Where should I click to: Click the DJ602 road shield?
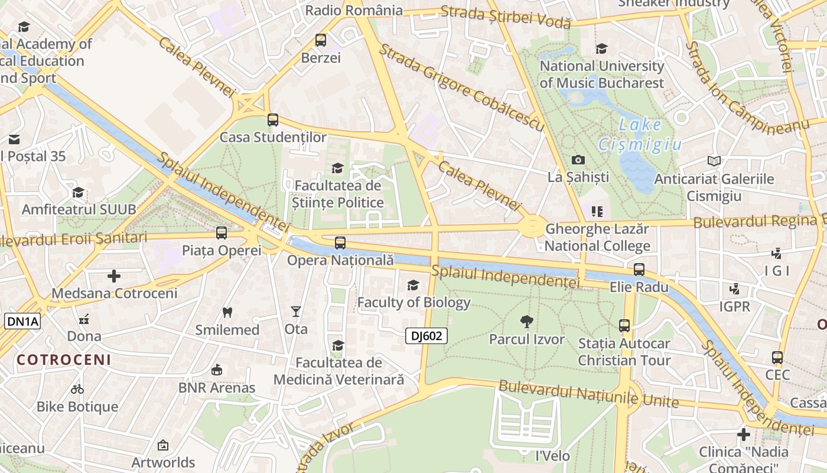(x=426, y=336)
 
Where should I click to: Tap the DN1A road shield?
(x=23, y=322)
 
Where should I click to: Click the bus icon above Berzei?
(x=321, y=40)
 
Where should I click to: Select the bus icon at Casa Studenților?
(x=272, y=120)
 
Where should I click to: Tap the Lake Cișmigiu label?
(x=640, y=134)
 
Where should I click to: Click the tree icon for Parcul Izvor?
(x=526, y=322)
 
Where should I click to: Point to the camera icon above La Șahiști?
(x=578, y=160)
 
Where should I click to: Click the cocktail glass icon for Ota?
(x=296, y=311)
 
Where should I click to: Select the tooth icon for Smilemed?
(x=227, y=312)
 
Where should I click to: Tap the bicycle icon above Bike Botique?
(x=77, y=389)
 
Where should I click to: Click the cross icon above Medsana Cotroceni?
(x=114, y=276)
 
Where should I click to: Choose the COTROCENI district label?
(x=64, y=359)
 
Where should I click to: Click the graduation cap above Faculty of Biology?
(x=413, y=285)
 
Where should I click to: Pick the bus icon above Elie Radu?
(x=639, y=270)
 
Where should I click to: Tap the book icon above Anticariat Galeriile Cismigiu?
(x=714, y=161)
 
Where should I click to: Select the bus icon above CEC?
(x=777, y=357)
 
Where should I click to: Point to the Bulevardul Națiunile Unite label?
(x=588, y=394)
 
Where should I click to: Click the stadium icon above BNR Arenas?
(x=217, y=370)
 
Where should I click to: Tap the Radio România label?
(x=354, y=10)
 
